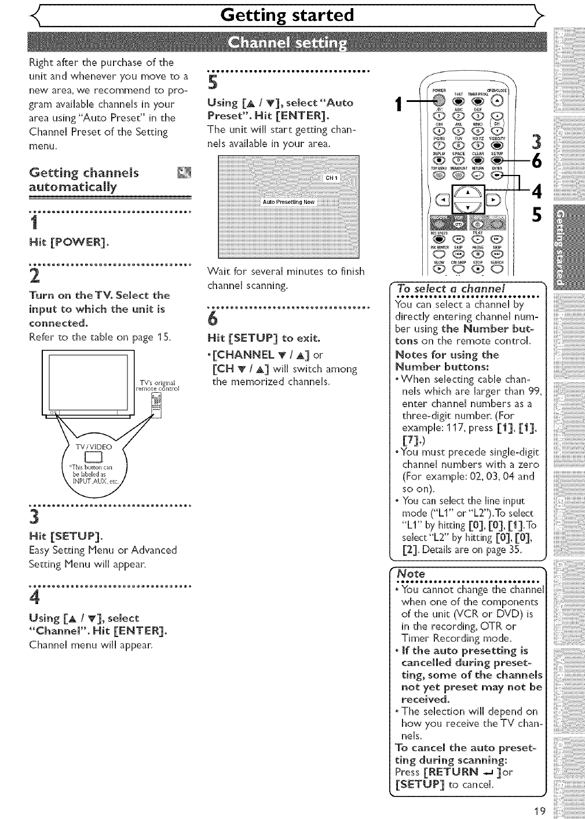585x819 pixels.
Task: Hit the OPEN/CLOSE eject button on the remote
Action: [x=496, y=100]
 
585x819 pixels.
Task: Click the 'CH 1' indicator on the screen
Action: [x=331, y=178]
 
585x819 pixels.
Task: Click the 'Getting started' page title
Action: [x=288, y=14]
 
